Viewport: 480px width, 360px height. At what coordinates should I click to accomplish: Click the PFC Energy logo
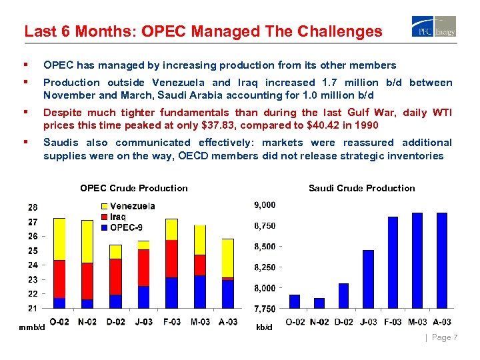[x=434, y=27]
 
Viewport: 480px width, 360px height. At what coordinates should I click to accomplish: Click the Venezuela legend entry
[x=127, y=207]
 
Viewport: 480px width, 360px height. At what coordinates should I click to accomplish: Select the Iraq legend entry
[x=114, y=217]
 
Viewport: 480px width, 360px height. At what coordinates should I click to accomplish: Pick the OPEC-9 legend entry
[x=123, y=227]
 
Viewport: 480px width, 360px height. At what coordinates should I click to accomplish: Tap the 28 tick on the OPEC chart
[x=33, y=207]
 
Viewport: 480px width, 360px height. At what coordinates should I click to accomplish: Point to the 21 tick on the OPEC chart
[x=33, y=308]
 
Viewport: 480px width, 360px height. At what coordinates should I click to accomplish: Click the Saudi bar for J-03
[x=368, y=279]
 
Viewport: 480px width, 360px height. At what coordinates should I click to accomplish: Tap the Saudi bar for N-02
[x=319, y=303]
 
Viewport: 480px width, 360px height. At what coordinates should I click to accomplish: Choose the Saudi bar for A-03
[x=441, y=260]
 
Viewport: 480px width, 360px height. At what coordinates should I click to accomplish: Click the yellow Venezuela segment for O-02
[x=59, y=239]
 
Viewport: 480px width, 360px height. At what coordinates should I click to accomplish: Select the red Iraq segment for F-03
[x=171, y=259]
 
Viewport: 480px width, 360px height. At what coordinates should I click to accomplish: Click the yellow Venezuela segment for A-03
[x=228, y=258]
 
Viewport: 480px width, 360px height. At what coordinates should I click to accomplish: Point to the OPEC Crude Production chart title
[x=134, y=188]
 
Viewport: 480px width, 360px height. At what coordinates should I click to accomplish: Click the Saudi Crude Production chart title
[x=361, y=188]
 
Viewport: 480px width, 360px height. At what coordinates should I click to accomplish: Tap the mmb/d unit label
[x=32, y=327]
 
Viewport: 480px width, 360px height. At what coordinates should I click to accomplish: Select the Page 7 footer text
[x=444, y=337]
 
